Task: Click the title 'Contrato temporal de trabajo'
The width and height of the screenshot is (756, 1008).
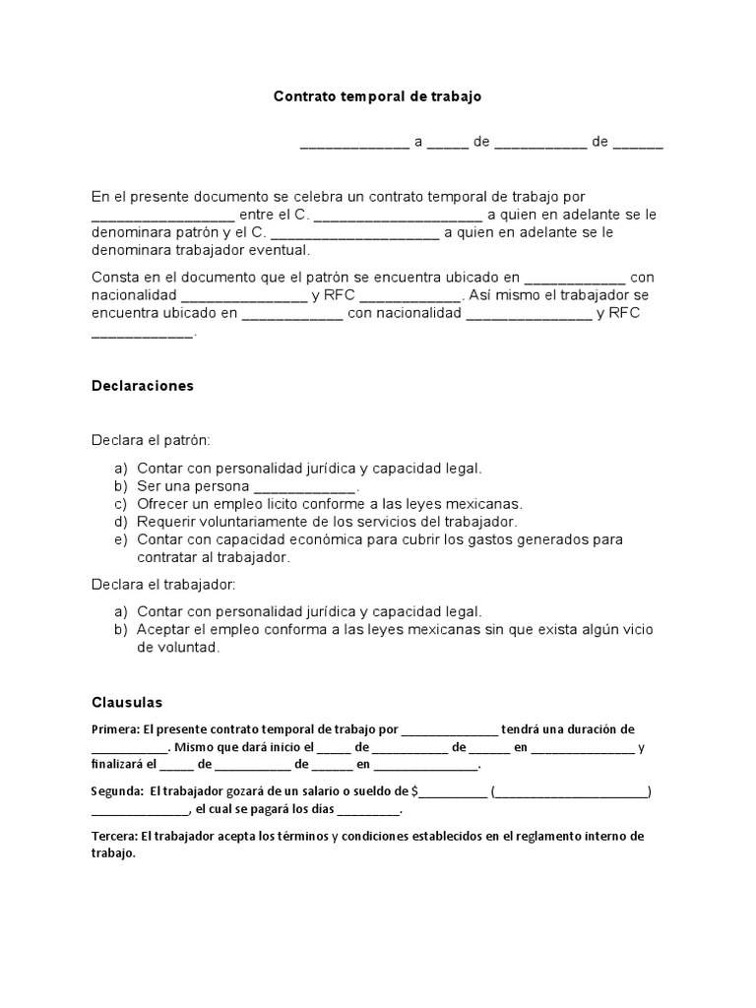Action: pyautogui.click(x=378, y=96)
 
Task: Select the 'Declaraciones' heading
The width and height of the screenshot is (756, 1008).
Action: pyautogui.click(x=143, y=386)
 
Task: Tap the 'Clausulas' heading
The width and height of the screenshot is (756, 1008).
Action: pyautogui.click(x=127, y=703)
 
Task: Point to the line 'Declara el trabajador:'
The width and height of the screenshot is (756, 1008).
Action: pyautogui.click(x=163, y=584)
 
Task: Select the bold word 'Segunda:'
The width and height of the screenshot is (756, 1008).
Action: pyautogui.click(x=117, y=790)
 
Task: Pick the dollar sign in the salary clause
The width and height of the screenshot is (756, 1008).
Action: pyautogui.click(x=415, y=790)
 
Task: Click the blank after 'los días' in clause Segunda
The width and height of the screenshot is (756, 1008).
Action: pyautogui.click(x=368, y=809)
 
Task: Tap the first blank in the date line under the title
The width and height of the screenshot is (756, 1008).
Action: pyautogui.click(x=354, y=142)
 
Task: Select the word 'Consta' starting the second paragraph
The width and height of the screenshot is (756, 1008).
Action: pyautogui.click(x=113, y=277)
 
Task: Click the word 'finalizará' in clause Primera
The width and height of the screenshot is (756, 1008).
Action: pyautogui.click(x=119, y=764)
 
